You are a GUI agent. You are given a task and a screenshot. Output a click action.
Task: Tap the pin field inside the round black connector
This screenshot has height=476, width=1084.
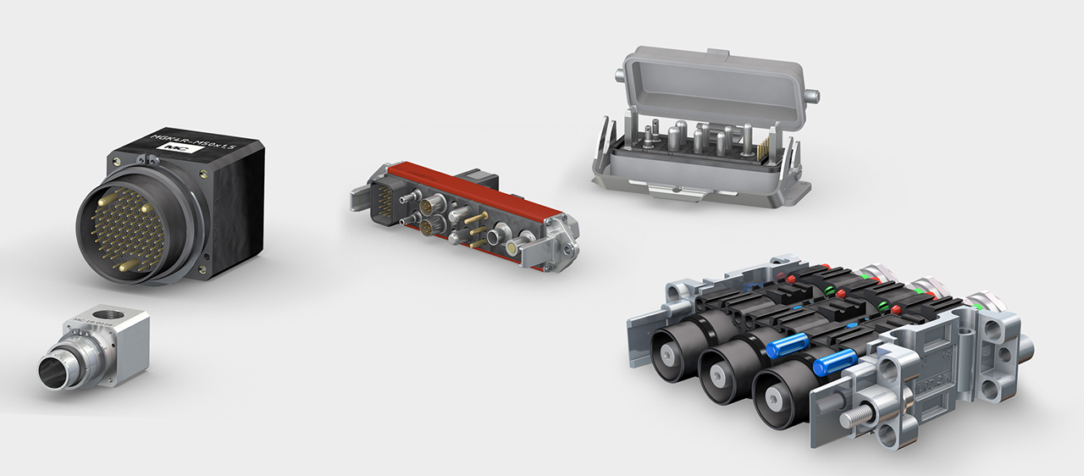tap(125, 230)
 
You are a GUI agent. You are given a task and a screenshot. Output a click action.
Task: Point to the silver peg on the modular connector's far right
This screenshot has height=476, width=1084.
tap(1026, 346)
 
